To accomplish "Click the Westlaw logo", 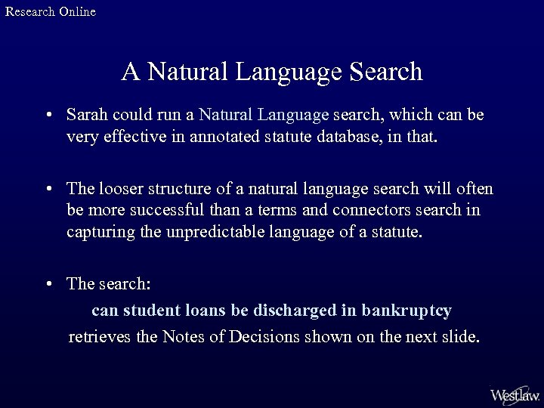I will coord(514,394).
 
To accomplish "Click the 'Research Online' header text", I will coord(51,11).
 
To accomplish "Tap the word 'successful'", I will coord(165,209).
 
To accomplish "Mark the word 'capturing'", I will coord(97,231).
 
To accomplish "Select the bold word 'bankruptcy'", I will coord(406,310).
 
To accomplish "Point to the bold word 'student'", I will coord(148,310).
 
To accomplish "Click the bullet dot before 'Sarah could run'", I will coord(48,116).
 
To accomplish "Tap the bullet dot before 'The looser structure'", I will coord(48,188).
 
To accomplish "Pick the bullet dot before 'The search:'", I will coord(48,284).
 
